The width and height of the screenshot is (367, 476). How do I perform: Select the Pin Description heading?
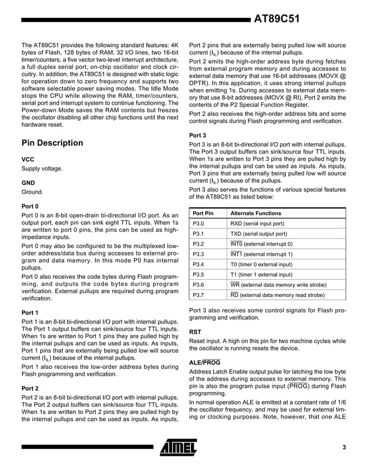[52, 143]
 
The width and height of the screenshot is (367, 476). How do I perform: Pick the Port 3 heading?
[198, 135]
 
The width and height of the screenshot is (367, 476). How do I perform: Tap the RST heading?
[196, 332]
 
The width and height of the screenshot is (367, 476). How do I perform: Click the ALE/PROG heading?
[204, 362]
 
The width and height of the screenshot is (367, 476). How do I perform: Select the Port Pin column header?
[203, 213]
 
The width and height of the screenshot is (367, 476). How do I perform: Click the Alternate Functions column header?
[256, 213]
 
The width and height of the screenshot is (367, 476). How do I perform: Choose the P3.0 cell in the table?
[199, 223]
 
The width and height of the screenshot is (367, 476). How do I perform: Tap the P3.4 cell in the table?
[199, 264]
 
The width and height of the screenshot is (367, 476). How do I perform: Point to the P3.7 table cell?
[199, 295]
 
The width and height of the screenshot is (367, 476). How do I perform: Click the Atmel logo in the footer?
[179, 447]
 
